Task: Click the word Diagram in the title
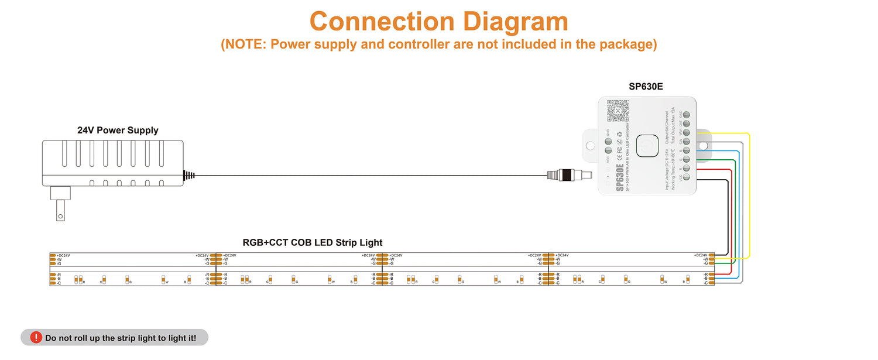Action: click(x=515, y=22)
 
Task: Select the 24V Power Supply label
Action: click(x=118, y=130)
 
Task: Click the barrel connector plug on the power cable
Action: click(x=568, y=174)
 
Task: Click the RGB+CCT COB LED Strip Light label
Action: click(x=313, y=242)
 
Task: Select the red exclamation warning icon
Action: click(x=36, y=337)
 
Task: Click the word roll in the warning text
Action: click(x=88, y=338)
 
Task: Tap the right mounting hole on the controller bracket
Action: click(x=703, y=145)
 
